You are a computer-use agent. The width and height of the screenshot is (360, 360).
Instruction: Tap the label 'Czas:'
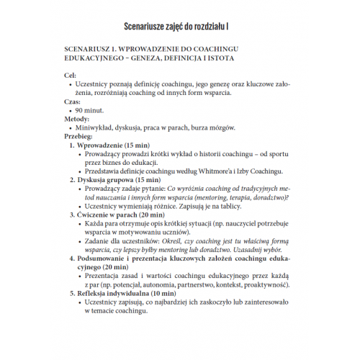(x=73, y=103)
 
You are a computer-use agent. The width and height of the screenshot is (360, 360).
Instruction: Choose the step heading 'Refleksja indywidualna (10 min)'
(x=130, y=294)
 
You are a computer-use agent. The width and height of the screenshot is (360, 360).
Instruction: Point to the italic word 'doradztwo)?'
(x=267, y=196)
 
